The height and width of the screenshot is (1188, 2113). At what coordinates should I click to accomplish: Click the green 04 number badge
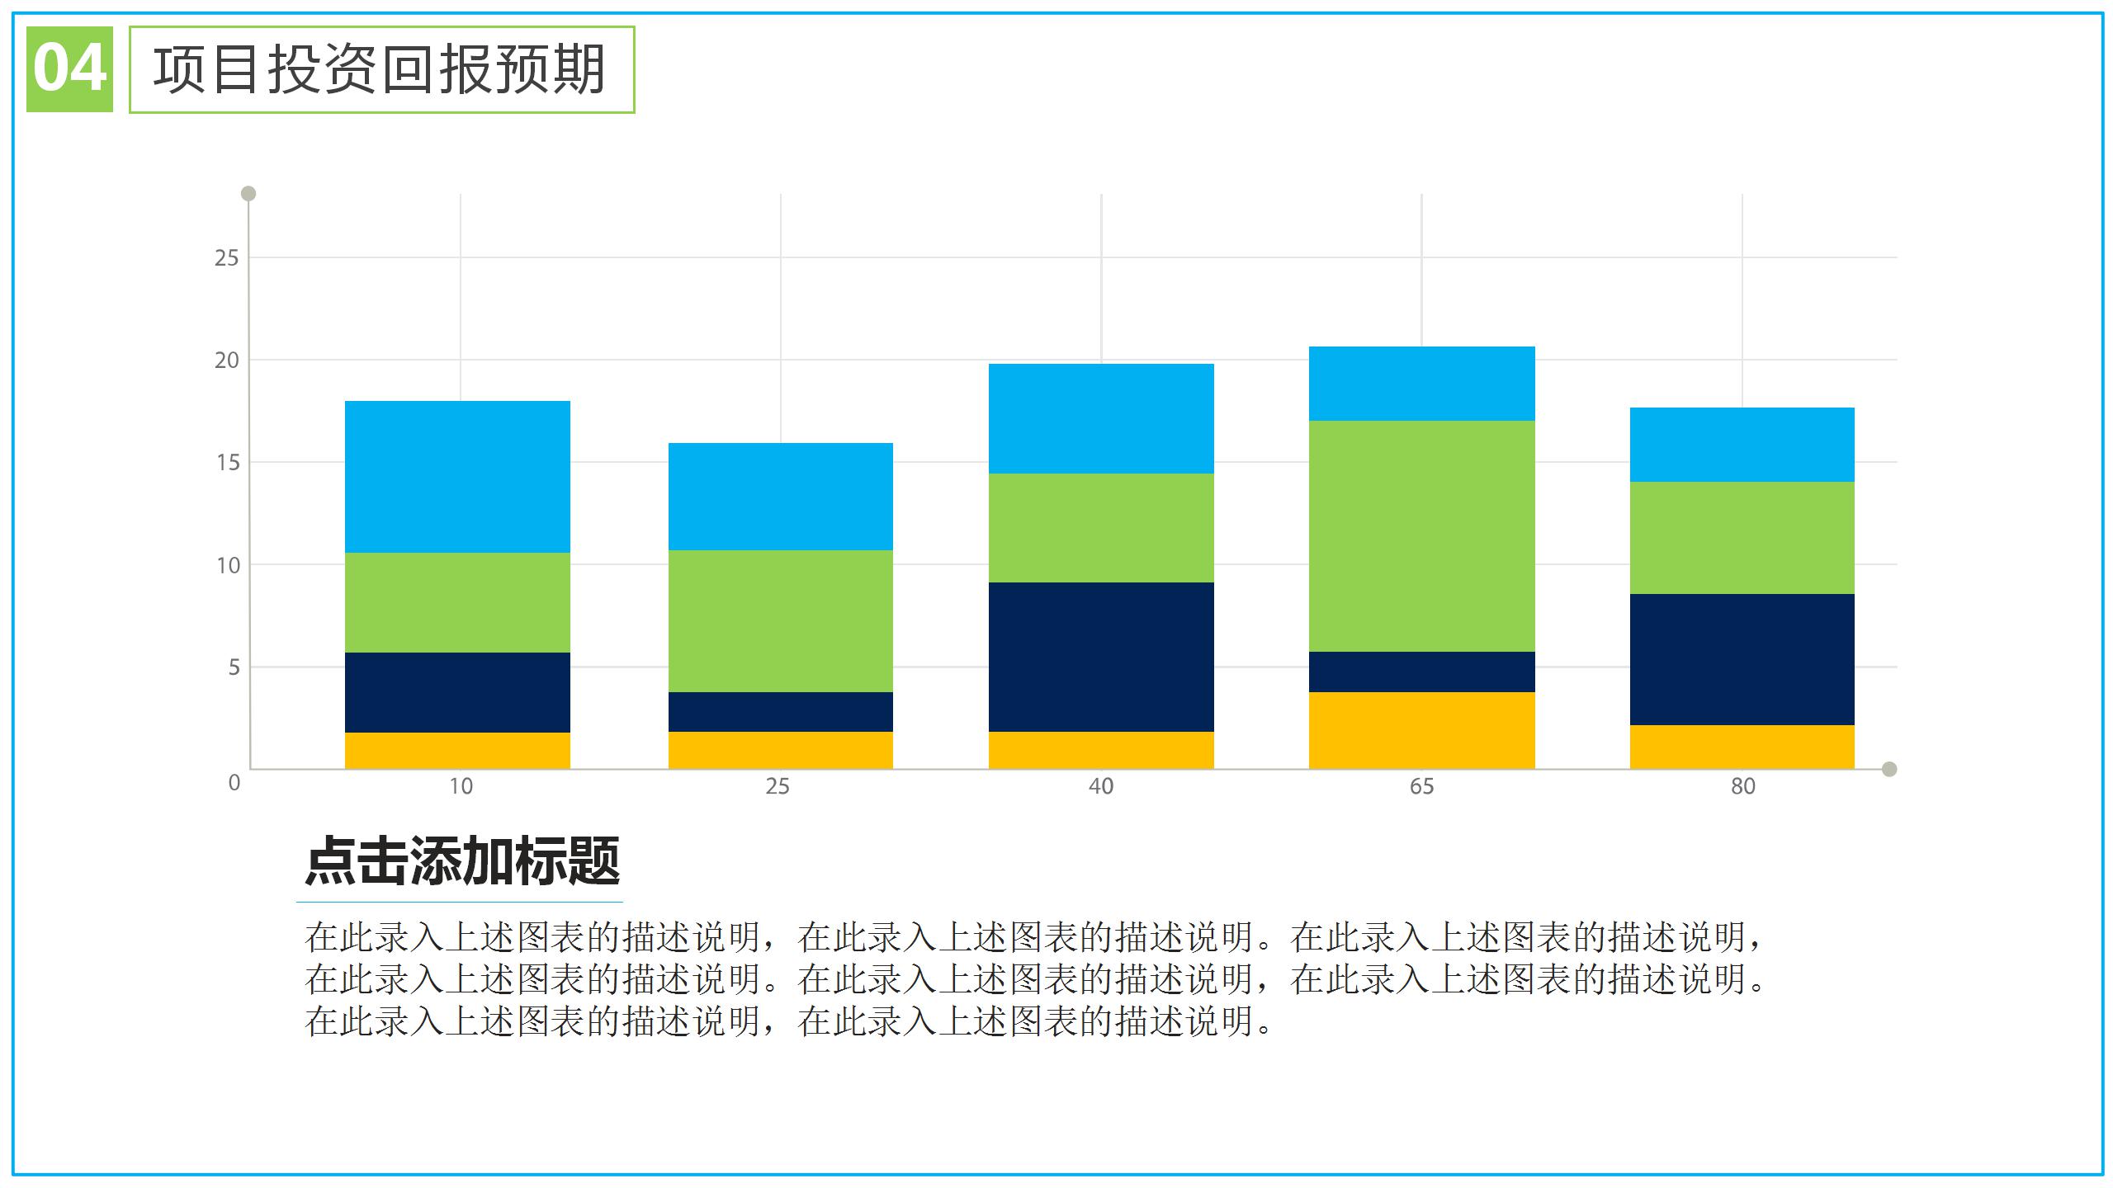tap(69, 69)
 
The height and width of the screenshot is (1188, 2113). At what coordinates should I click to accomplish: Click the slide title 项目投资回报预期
tap(381, 69)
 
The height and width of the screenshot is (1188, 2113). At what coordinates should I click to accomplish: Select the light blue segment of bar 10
tap(457, 477)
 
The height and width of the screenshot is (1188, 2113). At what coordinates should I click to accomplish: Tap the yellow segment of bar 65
tap(1421, 730)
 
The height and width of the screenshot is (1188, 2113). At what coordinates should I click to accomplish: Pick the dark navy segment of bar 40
tap(1101, 657)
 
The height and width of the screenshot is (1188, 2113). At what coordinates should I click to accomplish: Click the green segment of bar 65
tap(1421, 536)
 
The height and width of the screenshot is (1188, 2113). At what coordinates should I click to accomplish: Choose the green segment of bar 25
tap(780, 620)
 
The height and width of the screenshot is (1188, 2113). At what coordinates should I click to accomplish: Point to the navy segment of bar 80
tap(1742, 659)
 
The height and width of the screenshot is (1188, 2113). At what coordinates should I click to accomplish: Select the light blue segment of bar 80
tap(1742, 445)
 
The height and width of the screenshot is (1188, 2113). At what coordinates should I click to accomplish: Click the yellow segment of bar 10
tap(457, 751)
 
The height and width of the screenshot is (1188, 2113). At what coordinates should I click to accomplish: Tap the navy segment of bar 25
tap(780, 711)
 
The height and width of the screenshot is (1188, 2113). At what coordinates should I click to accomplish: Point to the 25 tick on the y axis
tap(226, 258)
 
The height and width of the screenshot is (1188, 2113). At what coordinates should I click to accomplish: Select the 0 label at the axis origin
tap(234, 783)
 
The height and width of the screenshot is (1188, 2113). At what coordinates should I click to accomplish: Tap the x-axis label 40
tap(1101, 786)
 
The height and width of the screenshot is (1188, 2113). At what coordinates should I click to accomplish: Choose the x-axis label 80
tap(1742, 786)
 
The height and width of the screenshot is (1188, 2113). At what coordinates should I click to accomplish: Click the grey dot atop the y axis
tap(248, 194)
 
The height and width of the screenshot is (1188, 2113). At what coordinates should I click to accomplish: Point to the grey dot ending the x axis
tap(1889, 769)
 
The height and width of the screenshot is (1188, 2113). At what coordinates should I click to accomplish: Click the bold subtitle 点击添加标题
tap(462, 861)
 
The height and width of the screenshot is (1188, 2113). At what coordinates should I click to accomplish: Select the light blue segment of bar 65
tap(1421, 384)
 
